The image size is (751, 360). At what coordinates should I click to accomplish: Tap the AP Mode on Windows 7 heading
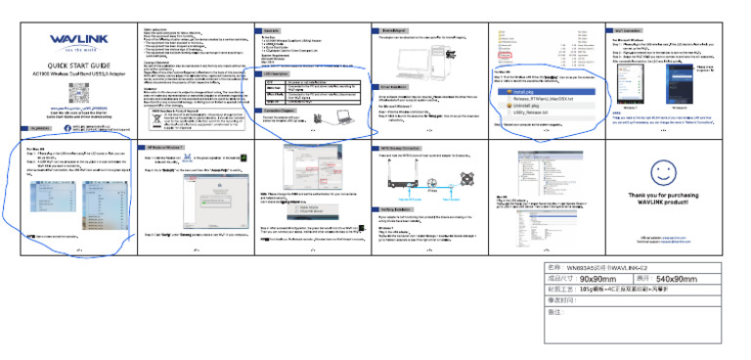point(162,146)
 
